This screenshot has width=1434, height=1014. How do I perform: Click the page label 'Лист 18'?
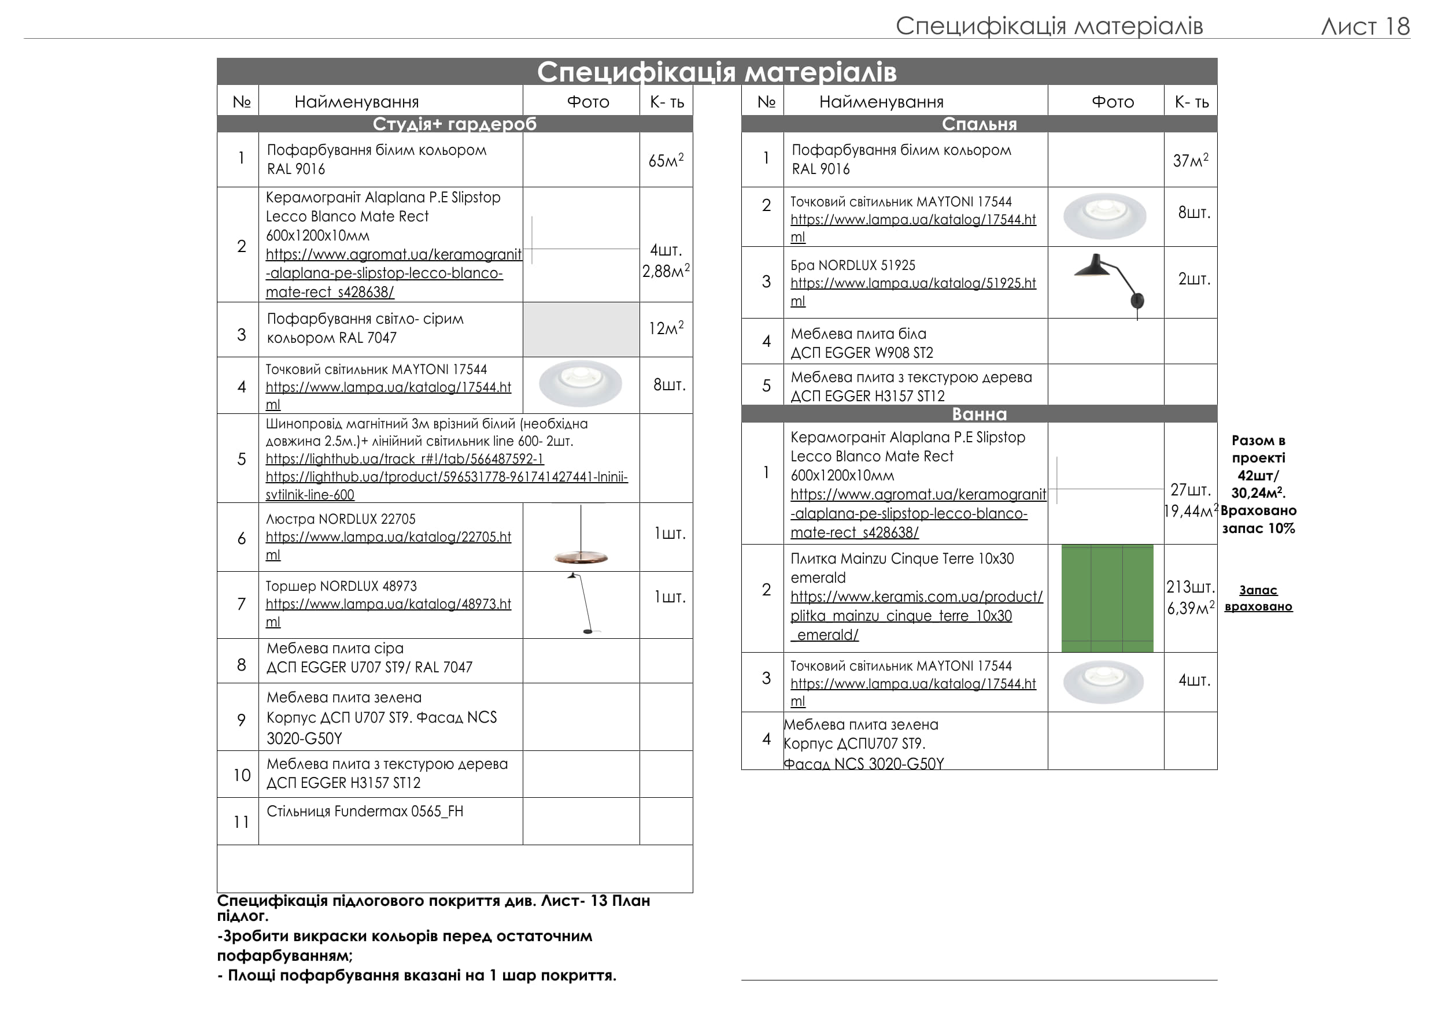tap(1365, 26)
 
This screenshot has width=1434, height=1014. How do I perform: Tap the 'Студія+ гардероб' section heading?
tap(454, 124)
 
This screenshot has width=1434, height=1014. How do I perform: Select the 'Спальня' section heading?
tap(979, 124)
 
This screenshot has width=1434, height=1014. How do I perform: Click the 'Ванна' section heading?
tap(979, 414)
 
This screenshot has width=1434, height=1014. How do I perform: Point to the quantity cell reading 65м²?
tap(666, 160)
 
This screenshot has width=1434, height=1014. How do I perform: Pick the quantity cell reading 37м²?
tap(1191, 160)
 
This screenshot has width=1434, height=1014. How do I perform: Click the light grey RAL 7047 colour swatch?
tap(581, 329)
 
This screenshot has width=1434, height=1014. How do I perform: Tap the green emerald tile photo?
tap(1107, 598)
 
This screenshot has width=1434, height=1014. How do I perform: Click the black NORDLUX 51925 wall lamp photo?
tap(1112, 282)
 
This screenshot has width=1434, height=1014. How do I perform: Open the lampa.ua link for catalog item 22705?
tap(388, 537)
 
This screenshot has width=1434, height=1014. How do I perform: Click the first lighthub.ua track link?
tap(404, 459)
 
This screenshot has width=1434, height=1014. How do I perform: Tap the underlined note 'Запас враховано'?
tap(1258, 598)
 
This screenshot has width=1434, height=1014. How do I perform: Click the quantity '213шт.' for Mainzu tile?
tap(1190, 587)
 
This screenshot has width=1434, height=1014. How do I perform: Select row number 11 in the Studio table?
tap(241, 821)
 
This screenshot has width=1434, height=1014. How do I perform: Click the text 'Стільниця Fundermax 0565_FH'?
tap(365, 811)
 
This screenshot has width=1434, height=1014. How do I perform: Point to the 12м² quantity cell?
tap(666, 328)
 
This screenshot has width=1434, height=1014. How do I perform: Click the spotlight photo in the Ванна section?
tap(1103, 681)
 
